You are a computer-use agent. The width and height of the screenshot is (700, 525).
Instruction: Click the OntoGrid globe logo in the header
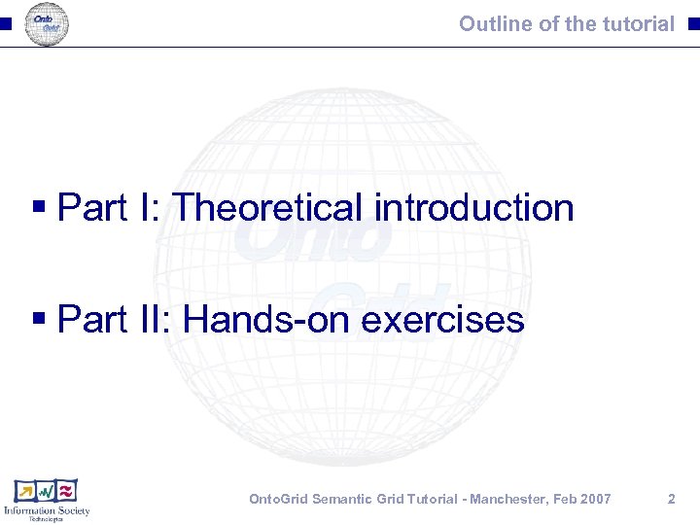(x=46, y=24)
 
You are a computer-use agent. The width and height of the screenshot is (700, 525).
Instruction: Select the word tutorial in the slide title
(x=636, y=23)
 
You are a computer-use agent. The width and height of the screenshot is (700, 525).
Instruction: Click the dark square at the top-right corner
(x=692, y=24)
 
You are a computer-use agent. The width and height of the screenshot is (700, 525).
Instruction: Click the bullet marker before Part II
(x=40, y=320)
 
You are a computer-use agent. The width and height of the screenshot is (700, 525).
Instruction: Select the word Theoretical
(x=267, y=208)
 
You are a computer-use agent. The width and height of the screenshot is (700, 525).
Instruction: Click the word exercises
(x=442, y=319)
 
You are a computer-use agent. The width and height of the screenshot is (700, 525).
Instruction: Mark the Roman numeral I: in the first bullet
(x=149, y=208)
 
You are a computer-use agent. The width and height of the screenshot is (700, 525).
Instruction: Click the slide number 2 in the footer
(x=671, y=499)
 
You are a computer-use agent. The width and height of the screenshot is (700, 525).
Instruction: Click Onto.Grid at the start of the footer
(x=283, y=499)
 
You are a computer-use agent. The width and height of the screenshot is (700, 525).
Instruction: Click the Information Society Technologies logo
(x=47, y=500)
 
